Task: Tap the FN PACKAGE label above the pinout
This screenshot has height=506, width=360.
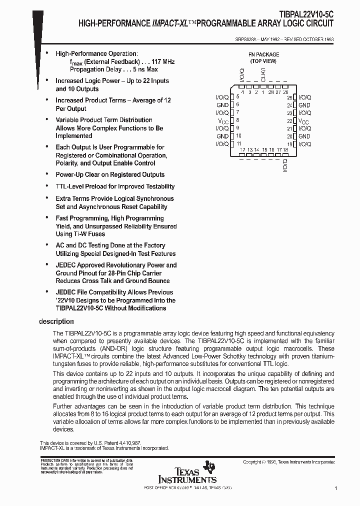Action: [263, 54]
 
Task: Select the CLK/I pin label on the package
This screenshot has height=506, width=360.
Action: [263, 76]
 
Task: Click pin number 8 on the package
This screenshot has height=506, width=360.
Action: [237, 120]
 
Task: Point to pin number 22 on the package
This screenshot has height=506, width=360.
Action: [289, 121]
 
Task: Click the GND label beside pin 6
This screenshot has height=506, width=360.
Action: [222, 105]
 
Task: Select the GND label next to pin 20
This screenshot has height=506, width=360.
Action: [304, 136]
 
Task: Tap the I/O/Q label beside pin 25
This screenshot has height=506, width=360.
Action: [304, 97]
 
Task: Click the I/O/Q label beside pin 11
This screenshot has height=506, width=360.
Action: [222, 144]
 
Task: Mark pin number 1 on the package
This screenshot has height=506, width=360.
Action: [263, 92]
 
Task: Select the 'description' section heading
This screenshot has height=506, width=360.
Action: [56, 321]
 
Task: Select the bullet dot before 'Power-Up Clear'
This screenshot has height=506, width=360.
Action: [47, 174]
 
